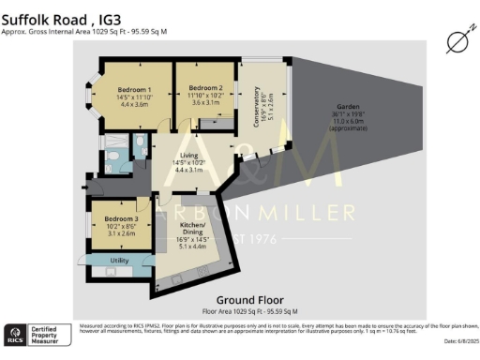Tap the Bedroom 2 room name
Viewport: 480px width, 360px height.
pyautogui.click(x=198, y=88)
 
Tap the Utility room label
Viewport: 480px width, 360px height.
pyautogui.click(x=119, y=260)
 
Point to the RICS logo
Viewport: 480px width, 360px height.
pyautogui.click(x=16, y=334)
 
